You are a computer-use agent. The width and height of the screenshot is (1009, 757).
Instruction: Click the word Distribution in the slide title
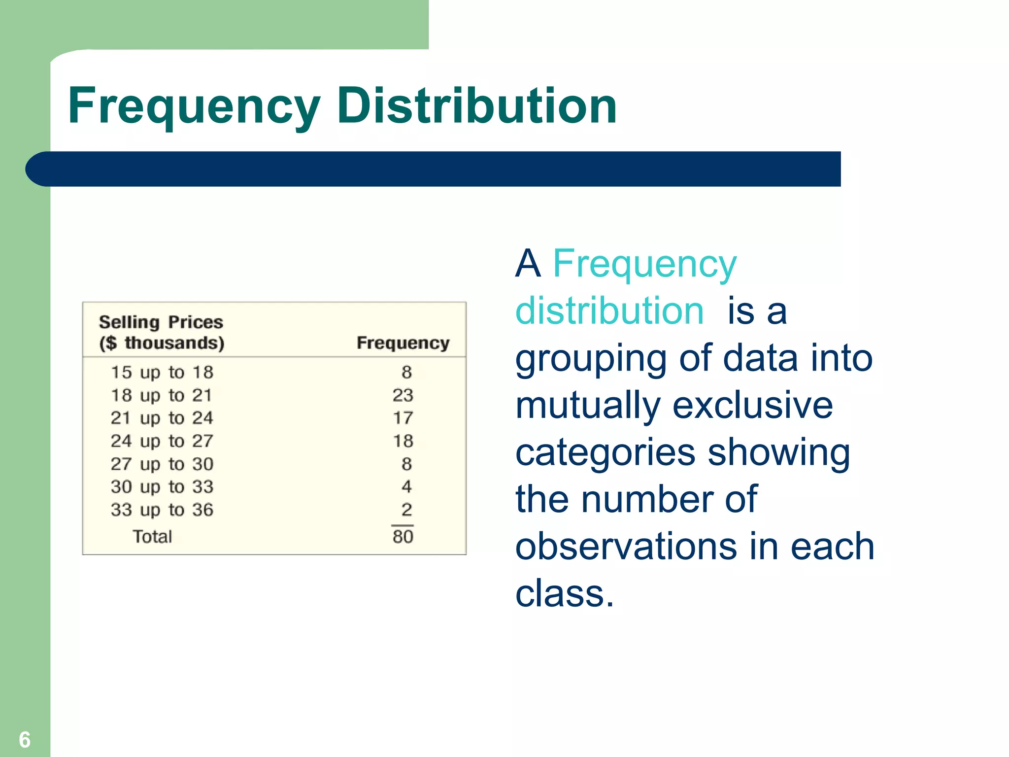click(x=476, y=105)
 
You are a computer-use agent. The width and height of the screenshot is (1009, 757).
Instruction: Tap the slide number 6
click(x=25, y=740)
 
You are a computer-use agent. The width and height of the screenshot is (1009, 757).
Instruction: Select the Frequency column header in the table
click(x=403, y=343)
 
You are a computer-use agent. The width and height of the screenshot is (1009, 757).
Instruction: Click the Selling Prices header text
click(x=161, y=322)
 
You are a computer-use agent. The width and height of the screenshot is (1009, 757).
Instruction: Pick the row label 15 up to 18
click(x=162, y=373)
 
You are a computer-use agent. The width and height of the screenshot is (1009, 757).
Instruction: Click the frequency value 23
click(x=403, y=395)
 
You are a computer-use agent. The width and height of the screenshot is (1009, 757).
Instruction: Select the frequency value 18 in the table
click(x=403, y=441)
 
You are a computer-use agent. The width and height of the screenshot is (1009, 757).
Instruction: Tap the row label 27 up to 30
click(x=162, y=464)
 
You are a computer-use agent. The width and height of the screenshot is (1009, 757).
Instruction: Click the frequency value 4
click(x=406, y=487)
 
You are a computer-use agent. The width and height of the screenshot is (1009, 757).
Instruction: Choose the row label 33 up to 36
click(x=162, y=510)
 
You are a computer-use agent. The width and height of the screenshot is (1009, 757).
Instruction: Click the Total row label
click(x=152, y=537)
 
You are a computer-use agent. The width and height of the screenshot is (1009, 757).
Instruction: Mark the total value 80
click(x=403, y=537)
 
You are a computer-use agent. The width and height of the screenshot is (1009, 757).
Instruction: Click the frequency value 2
click(x=406, y=510)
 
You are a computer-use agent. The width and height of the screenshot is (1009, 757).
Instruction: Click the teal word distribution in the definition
click(x=609, y=311)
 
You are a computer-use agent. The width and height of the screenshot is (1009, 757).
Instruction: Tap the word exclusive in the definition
click(x=752, y=405)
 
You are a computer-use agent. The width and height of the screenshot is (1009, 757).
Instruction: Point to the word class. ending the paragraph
click(x=564, y=593)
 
